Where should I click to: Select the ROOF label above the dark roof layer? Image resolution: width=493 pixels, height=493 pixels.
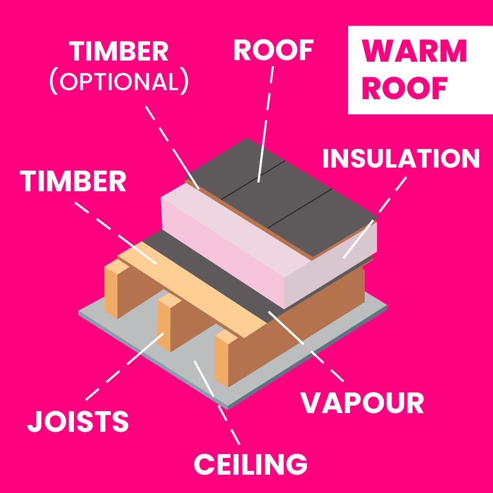[x=274, y=51]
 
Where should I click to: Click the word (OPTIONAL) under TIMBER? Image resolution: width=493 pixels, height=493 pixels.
[x=119, y=82]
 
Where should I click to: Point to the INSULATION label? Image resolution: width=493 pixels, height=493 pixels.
[x=401, y=159]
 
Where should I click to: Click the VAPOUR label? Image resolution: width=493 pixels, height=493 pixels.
[x=362, y=403]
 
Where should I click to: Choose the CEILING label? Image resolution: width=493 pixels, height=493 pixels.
[x=250, y=463]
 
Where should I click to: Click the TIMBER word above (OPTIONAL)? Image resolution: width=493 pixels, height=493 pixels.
[x=119, y=51]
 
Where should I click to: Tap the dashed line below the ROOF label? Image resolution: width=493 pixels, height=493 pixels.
[x=266, y=123]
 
